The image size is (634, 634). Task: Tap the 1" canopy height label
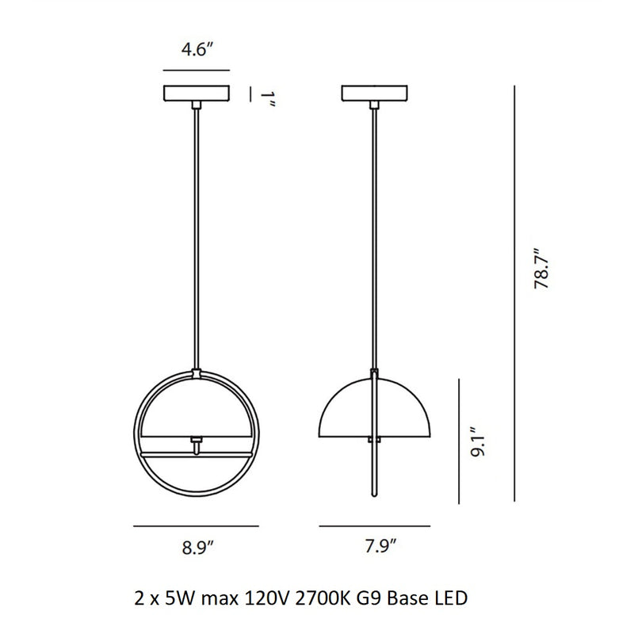tap(270, 101)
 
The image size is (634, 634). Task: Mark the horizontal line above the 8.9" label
tap(196, 525)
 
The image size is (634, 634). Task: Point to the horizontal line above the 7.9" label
tap(374, 525)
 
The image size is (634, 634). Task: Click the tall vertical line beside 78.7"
tap(516, 294)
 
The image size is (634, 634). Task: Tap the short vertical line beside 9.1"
tap(460, 440)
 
